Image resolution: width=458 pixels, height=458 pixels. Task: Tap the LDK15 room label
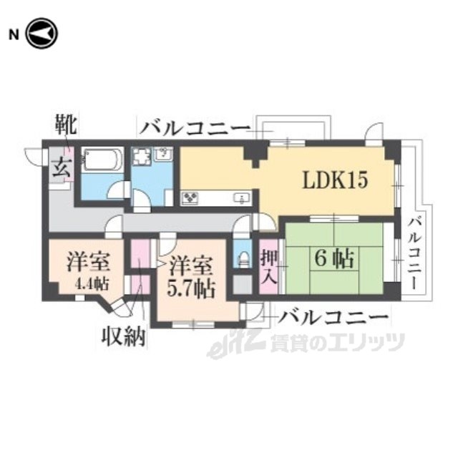pos(334,180)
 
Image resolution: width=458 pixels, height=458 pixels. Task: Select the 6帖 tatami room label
pos(333,259)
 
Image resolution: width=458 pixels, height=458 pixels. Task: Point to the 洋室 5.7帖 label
pos(191,277)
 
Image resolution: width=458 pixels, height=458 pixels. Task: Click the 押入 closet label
pos(269,265)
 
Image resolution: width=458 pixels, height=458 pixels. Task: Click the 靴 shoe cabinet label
pos(67,127)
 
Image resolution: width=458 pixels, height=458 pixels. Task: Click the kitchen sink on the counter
pos(240,198)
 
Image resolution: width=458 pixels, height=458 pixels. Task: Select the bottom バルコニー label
pos(334,316)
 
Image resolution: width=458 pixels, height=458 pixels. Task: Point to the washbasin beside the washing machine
pos(164,153)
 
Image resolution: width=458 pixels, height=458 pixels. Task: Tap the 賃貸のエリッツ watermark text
pos(337,343)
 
